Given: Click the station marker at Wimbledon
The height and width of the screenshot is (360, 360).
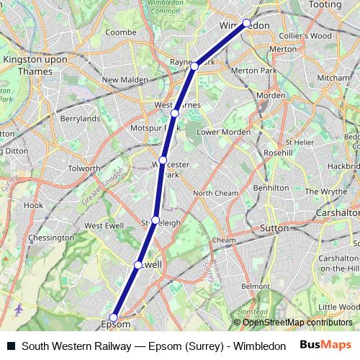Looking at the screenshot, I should [246, 23].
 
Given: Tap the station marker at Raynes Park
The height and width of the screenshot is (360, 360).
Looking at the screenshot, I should [195, 66].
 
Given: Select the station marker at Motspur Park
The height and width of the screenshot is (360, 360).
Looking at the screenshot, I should [175, 113].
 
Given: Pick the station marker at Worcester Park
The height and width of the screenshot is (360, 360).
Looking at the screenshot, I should [163, 160].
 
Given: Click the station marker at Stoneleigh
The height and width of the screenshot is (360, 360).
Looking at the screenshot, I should [155, 220].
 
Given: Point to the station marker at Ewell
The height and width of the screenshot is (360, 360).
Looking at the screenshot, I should [138, 265].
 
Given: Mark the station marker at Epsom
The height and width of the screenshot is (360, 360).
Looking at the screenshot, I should [113, 317].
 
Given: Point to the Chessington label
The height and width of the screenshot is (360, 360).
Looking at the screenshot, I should [50, 238].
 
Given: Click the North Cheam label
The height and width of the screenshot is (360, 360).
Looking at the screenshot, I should [215, 193].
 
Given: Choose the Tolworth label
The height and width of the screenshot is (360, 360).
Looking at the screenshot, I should [84, 168].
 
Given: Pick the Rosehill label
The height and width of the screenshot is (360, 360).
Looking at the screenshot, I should [278, 153].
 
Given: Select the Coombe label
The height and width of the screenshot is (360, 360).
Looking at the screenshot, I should [120, 32].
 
